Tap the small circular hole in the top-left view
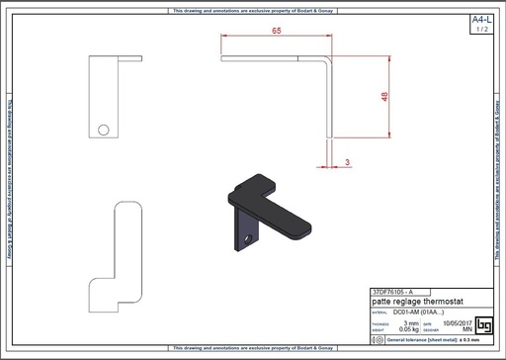[104, 127]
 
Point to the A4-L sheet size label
[480, 20]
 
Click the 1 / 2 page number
[480, 30]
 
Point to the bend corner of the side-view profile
[331, 60]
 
